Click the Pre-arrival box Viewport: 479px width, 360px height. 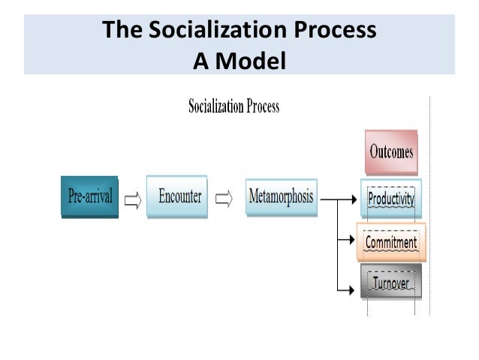pyautogui.click(x=89, y=197)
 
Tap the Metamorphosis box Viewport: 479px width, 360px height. pyautogui.click(x=281, y=197)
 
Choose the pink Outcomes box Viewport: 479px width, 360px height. pyautogui.click(x=390, y=152)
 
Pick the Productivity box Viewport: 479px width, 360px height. pyautogui.click(x=390, y=198)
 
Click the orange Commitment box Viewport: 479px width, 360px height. pyautogui.click(x=390, y=242)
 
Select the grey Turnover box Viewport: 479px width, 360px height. pyautogui.click(x=390, y=283)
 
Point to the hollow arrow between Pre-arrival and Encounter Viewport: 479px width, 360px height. pyautogui.click(x=132, y=200)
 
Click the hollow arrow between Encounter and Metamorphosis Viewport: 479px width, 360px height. pyautogui.click(x=224, y=200)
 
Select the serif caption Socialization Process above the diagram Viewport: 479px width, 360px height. pyautogui.click(x=233, y=107)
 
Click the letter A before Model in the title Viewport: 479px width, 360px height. pyautogui.click(x=200, y=59)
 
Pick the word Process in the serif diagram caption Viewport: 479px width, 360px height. pyautogui.click(x=263, y=107)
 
